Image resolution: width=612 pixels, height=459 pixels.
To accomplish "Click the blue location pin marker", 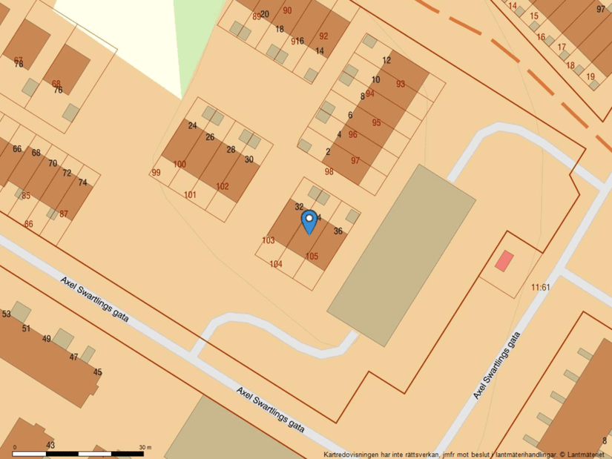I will click(309, 221).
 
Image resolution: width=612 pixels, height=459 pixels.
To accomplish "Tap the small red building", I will click(504, 261).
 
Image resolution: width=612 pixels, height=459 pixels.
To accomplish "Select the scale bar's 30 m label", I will click(145, 447).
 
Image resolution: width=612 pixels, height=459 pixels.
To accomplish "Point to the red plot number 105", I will click(312, 257).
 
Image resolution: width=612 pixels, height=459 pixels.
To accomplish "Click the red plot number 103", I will click(269, 240).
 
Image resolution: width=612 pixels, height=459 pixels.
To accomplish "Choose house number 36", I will click(338, 231).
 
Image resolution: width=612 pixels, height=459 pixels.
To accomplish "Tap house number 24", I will click(193, 125).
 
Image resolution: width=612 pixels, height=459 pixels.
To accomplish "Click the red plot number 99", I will click(156, 173).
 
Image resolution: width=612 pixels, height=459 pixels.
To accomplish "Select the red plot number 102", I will click(222, 186).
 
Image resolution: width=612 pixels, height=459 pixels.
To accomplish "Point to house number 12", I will click(386, 61).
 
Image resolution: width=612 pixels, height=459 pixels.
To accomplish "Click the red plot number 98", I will click(329, 171).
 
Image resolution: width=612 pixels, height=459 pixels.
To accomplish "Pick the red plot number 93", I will click(401, 84).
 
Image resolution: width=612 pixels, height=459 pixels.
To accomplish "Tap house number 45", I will click(97, 372).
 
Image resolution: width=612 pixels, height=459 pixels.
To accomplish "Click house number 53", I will click(6, 314).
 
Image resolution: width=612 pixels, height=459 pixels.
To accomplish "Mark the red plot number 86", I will click(28, 224).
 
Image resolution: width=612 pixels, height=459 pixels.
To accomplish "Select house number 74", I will click(82, 182).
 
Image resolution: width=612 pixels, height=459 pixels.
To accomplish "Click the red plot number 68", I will click(56, 83).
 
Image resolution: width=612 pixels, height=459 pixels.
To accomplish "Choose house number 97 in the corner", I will click(601, 10).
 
